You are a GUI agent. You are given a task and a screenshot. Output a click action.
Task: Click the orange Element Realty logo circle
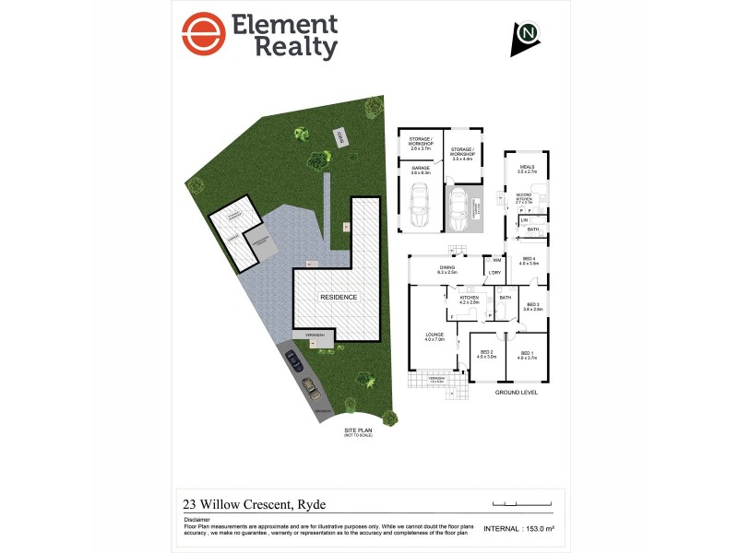[x=203, y=35]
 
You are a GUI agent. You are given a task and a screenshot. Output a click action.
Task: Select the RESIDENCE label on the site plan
[x=338, y=298]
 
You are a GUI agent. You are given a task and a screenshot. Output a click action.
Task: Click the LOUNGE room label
[x=434, y=335]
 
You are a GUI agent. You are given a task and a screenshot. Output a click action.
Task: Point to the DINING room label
[x=447, y=268]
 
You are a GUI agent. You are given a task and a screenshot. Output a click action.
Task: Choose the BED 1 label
[x=526, y=353]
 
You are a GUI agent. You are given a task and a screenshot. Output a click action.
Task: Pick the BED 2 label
[x=487, y=353]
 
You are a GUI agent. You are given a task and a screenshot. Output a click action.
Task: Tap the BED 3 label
[x=532, y=305]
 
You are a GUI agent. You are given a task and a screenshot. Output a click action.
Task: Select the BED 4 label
[x=529, y=260]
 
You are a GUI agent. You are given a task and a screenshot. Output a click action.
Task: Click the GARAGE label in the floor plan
[x=420, y=169]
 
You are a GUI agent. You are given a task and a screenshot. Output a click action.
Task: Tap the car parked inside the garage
[x=419, y=206]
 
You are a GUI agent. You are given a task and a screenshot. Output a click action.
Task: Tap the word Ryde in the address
[x=311, y=504]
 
